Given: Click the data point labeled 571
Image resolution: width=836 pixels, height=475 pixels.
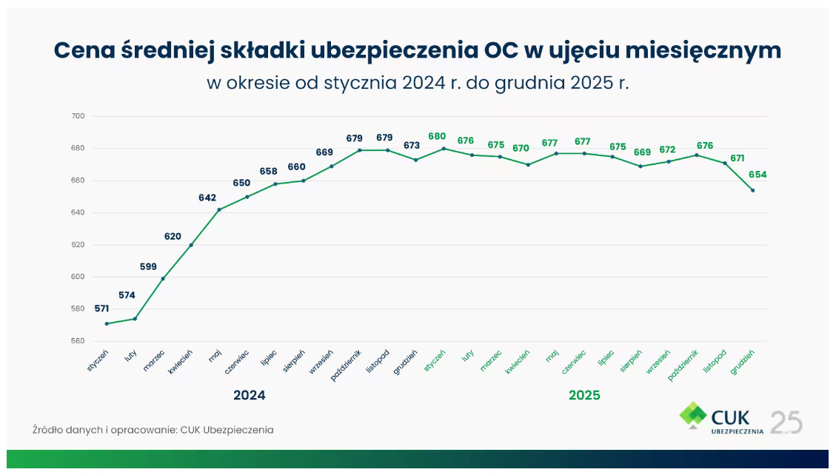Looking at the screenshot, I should tap(107, 323).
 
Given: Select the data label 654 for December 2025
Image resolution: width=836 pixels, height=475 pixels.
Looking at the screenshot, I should tap(758, 175).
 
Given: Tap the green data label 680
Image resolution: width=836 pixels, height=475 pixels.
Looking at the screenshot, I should tap(437, 136).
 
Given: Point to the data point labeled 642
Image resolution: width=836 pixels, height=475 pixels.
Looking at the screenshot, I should tap(219, 209).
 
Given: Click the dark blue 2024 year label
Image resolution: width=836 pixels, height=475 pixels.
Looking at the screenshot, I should tap(250, 395).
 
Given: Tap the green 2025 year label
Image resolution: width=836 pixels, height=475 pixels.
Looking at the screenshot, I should tap(584, 395).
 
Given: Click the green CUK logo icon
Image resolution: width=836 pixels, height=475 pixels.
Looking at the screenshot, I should tap(694, 415).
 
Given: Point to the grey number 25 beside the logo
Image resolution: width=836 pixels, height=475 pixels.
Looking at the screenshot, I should tap(786, 422).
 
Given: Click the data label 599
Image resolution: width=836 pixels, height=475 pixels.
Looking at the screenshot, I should tap(149, 266).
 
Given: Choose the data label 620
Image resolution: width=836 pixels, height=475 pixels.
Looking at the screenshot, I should tap(173, 236).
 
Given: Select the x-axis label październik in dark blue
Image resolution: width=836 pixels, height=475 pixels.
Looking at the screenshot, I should tap(346, 365).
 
